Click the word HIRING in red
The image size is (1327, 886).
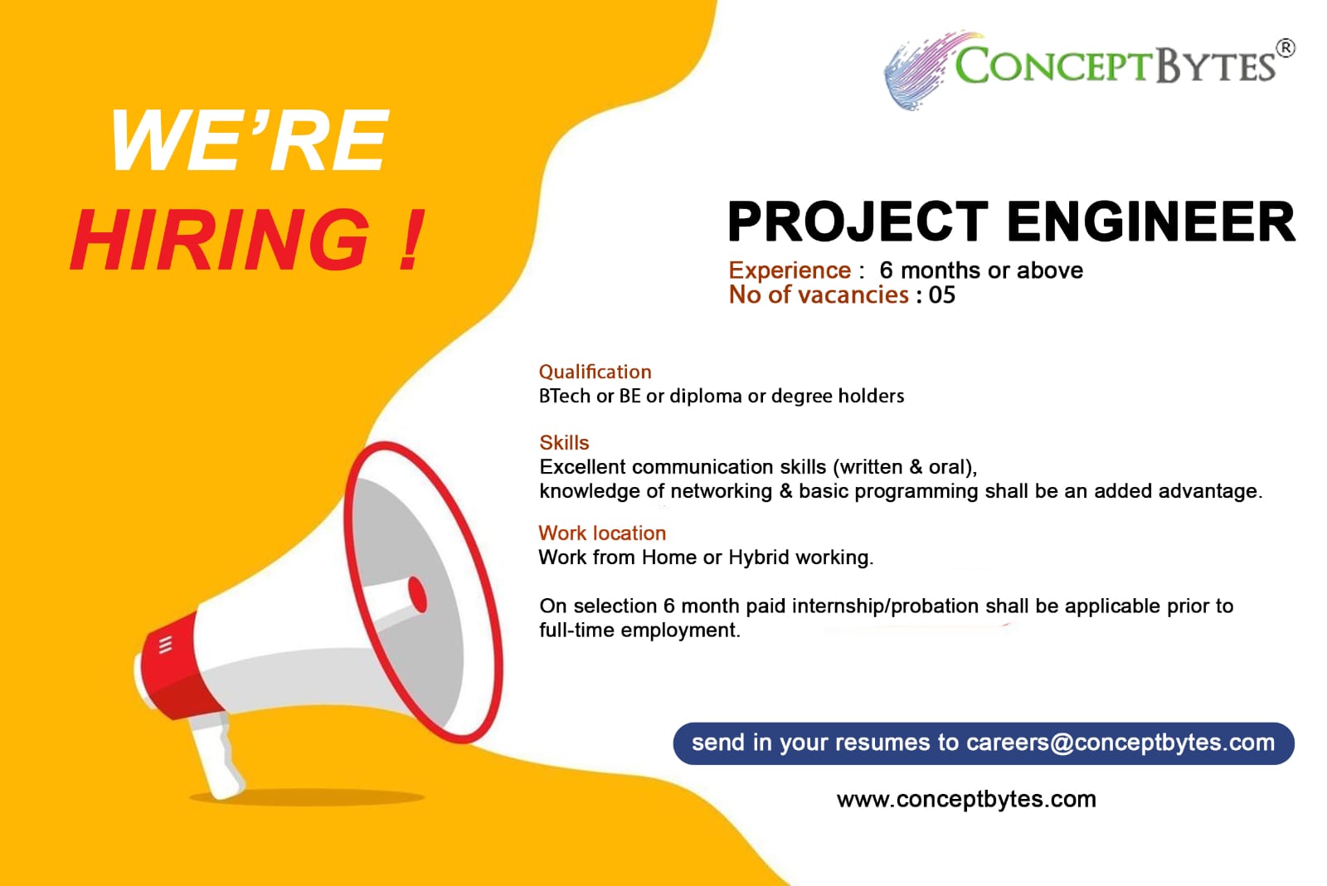tap(220, 240)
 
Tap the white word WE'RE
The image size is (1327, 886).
tap(249, 141)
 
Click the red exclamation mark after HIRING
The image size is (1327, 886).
tap(411, 240)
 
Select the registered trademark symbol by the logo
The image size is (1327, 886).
tap(1285, 48)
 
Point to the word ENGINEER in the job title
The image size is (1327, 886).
tap(1151, 221)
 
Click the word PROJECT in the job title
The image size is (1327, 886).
tap(858, 221)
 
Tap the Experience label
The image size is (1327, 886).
tap(790, 270)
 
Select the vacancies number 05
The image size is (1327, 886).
tap(942, 295)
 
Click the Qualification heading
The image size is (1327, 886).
tap(595, 372)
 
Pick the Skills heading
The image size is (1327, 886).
tap(564, 442)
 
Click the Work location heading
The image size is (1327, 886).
tap(602, 533)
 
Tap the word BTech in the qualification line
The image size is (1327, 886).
tap(565, 396)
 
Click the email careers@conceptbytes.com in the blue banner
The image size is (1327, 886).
tap(1120, 742)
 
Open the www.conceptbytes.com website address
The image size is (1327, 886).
tap(966, 800)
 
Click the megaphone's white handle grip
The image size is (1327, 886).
tap(216, 756)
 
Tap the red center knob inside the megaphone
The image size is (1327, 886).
tap(418, 594)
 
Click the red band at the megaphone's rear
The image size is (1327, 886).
tap(177, 667)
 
